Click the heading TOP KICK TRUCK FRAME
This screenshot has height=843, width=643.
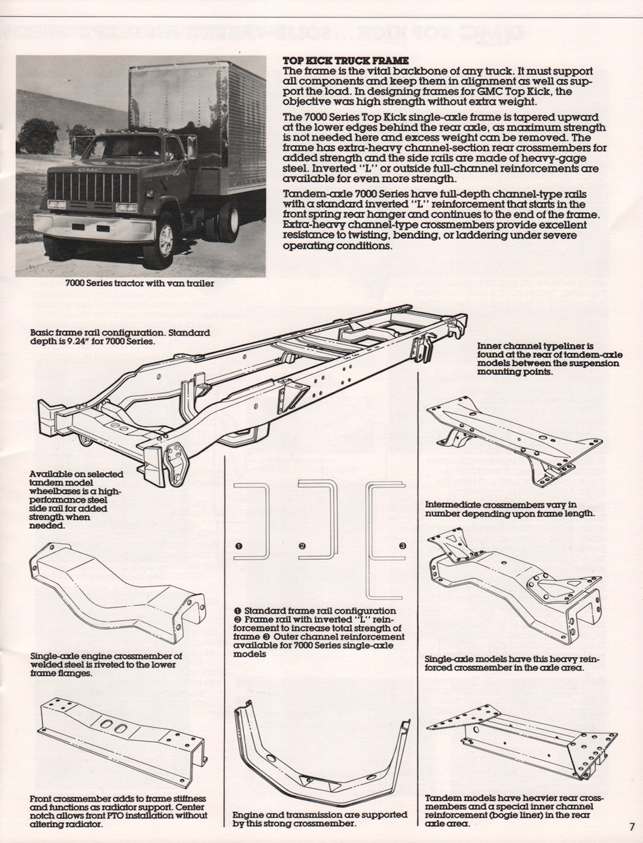[x=344, y=61]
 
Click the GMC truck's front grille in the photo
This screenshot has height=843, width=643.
[x=92, y=188]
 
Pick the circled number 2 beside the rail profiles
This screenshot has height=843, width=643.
[x=301, y=546]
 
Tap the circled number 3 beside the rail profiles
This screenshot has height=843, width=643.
[x=403, y=546]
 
